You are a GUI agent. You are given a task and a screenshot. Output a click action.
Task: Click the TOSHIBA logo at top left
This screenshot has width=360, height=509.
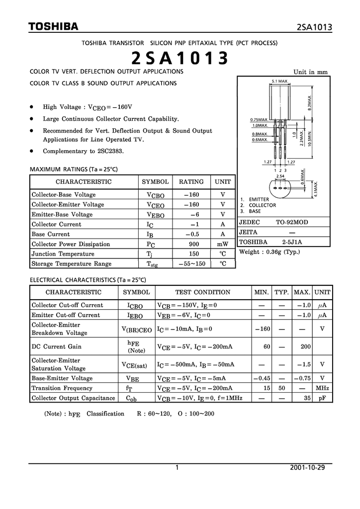coord(53,26)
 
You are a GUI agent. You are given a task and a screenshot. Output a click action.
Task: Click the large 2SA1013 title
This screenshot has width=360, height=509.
coord(180,58)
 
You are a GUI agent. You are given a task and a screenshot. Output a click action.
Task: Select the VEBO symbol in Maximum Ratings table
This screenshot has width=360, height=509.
coord(155,215)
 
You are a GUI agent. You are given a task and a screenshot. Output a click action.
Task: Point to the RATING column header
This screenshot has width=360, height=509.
coord(191,182)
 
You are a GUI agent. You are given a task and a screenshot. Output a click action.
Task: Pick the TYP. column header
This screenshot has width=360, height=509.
coord(281,292)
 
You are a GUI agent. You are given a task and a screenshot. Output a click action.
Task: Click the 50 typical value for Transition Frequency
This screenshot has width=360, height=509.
coord(281,388)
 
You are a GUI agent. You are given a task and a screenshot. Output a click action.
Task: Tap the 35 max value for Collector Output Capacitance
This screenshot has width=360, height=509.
coord(307,398)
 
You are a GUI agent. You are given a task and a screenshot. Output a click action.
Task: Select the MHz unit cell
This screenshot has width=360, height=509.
coord(322,388)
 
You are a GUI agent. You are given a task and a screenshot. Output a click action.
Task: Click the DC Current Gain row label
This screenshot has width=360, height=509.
coord(57,346)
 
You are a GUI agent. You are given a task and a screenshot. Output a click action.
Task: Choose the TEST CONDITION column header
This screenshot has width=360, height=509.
coord(203,292)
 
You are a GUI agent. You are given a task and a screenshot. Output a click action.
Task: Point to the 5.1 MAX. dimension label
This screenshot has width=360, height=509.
coord(280,81)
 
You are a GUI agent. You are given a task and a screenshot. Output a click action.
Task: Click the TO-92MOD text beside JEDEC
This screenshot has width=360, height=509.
coord(292,222)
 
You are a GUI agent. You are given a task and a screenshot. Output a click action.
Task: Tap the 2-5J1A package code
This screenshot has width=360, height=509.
coord(292,242)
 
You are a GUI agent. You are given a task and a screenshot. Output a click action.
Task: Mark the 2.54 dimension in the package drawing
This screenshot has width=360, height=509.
coord(280,176)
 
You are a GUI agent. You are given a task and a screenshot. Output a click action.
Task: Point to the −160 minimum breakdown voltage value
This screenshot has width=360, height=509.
coord(262,329)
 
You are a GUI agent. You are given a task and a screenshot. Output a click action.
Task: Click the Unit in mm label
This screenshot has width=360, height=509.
coord(311,72)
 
